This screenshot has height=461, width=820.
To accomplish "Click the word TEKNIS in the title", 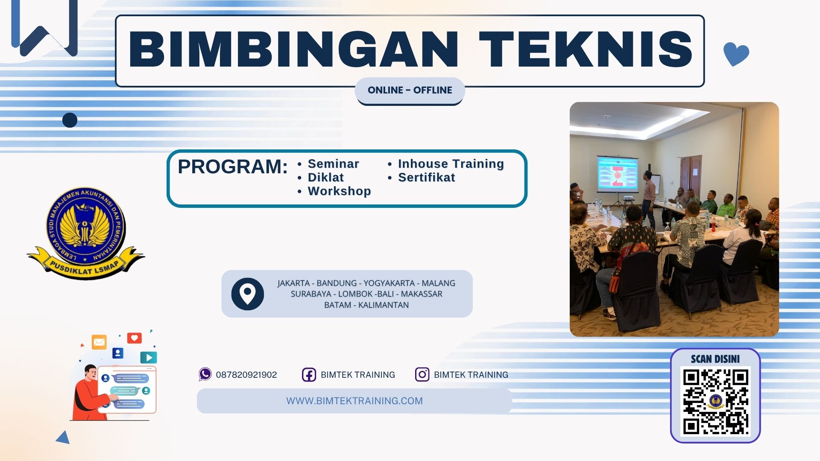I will [586, 50].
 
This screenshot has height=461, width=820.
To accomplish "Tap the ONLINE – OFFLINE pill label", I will [410, 90].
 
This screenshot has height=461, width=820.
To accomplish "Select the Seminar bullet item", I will [333, 164].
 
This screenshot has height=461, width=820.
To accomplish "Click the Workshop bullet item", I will [339, 191].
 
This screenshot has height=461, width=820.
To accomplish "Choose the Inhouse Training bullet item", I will [451, 164].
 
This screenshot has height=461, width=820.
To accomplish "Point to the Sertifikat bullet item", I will [426, 178].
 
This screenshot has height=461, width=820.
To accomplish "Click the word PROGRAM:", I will [233, 166].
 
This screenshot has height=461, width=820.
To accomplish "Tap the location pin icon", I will [248, 294].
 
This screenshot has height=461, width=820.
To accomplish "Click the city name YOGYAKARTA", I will [389, 283].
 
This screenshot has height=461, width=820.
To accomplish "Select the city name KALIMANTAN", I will [383, 305].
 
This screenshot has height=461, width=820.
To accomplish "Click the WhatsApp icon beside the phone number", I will [205, 374].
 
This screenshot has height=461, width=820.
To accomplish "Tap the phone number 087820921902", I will [246, 375].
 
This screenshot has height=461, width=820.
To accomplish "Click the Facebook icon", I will [309, 375].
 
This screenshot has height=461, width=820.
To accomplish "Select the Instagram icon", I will [422, 374].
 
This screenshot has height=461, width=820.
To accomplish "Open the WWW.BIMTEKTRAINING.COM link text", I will [354, 401].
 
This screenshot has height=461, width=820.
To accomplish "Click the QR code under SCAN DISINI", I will [715, 401].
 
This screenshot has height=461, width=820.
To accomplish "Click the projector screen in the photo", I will [618, 173].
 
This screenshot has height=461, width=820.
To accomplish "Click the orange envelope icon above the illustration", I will [99, 342].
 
